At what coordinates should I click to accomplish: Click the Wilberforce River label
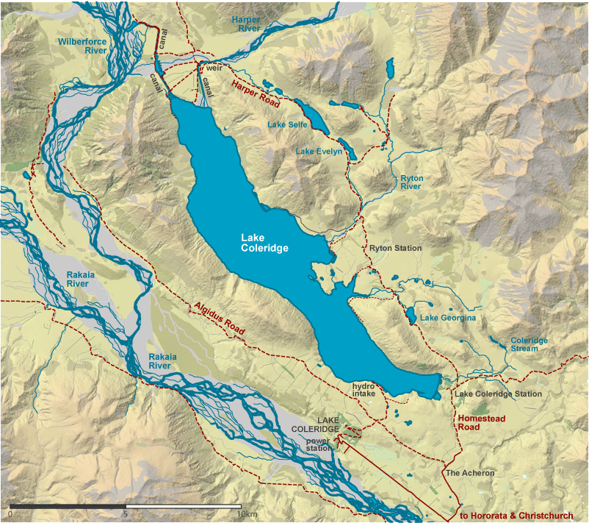pyautogui.click(x=82, y=47)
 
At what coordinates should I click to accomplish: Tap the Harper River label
pyautogui.click(x=245, y=23)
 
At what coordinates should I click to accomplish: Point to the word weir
pyautogui.click(x=214, y=68)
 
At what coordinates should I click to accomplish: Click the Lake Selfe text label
pyautogui.click(x=287, y=125)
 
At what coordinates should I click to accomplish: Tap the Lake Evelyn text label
pyautogui.click(x=319, y=152)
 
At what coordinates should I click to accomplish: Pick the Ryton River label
pyautogui.click(x=411, y=182)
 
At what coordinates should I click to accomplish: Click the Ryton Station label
pyautogui.click(x=395, y=248)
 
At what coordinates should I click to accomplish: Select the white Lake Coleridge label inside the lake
pyautogui.click(x=264, y=243)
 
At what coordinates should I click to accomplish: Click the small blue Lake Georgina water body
pyautogui.click(x=409, y=316)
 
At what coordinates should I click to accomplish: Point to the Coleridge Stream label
pyautogui.click(x=529, y=344)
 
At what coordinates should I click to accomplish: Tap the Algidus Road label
pyautogui.click(x=219, y=319)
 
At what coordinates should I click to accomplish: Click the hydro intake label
pyautogui.click(x=364, y=390)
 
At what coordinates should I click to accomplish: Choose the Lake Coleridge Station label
pyautogui.click(x=498, y=394)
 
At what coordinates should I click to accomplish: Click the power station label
pyautogui.click(x=319, y=444)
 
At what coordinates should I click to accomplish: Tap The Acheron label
pyautogui.click(x=470, y=473)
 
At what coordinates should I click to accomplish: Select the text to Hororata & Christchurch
pyautogui.click(x=516, y=516)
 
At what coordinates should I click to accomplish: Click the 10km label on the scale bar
pyautogui.click(x=246, y=514)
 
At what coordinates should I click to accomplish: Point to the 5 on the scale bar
pyautogui.click(x=126, y=514)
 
